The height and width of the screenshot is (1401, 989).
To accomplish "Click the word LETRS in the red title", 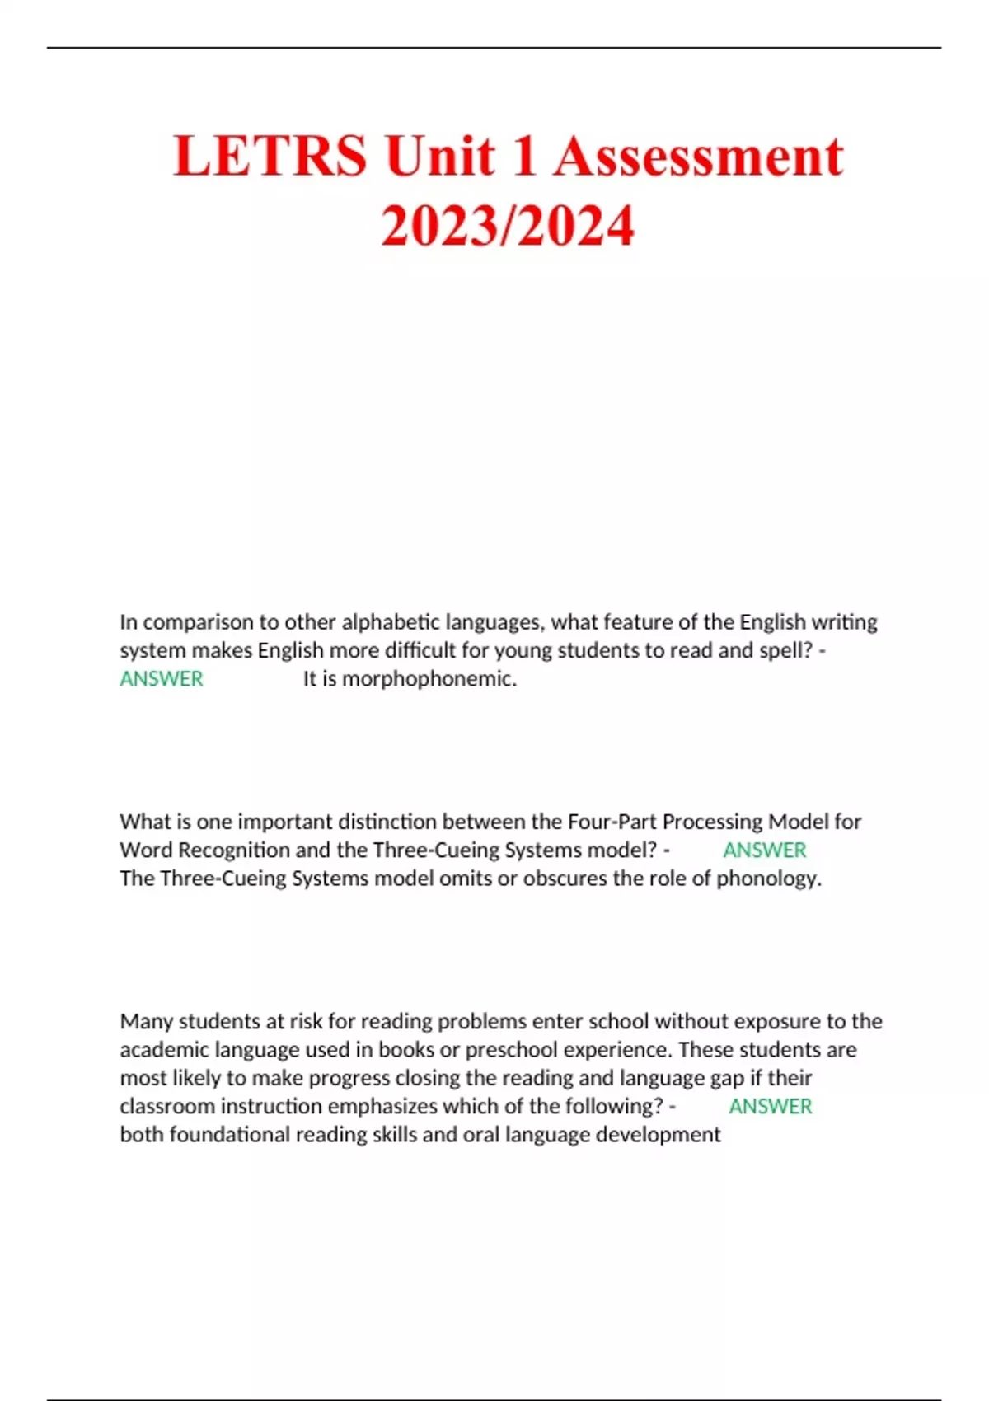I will [x=270, y=157].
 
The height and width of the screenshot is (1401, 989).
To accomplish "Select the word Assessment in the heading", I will [x=698, y=157].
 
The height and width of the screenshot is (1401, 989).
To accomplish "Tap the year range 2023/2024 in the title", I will [x=508, y=226].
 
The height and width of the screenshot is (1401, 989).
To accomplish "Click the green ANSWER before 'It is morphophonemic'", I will [x=162, y=679].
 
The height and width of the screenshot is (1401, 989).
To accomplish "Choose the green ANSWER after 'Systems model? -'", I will [x=764, y=850].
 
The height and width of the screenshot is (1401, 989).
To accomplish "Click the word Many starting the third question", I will [x=146, y=1022].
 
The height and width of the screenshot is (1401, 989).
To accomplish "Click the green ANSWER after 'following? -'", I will [x=770, y=1107].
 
